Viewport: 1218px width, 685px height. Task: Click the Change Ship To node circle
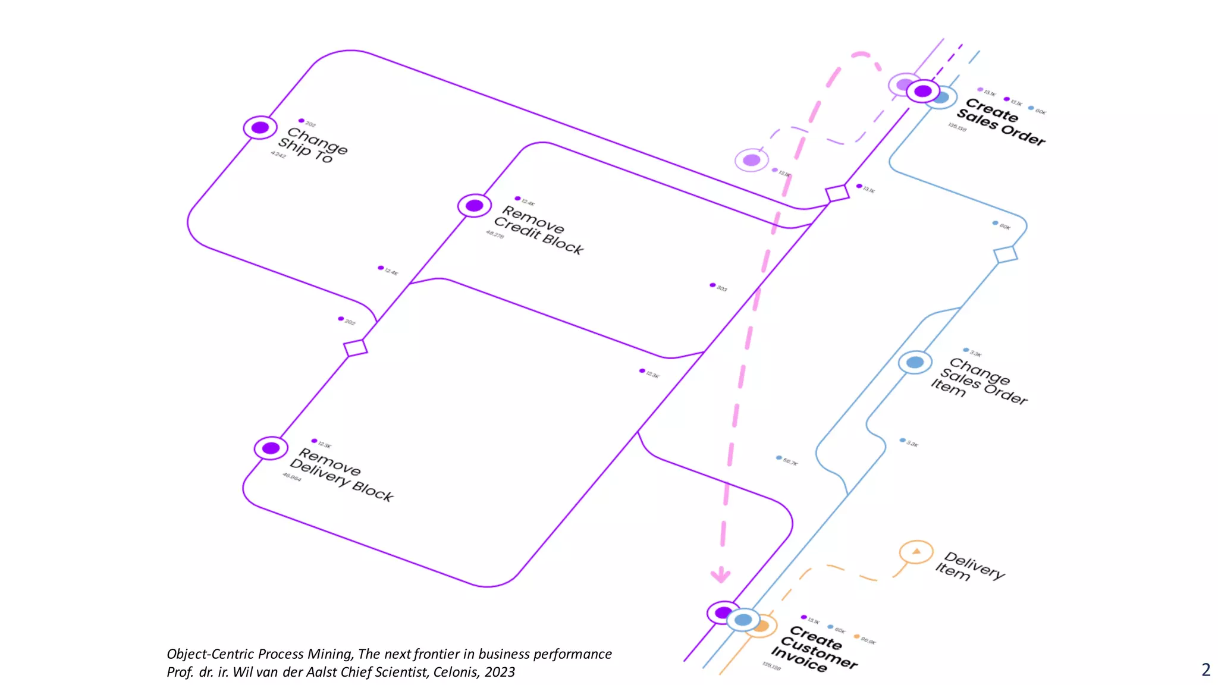click(260, 128)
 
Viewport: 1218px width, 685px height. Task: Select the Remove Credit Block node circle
click(474, 206)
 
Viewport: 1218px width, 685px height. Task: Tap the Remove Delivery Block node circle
click(271, 448)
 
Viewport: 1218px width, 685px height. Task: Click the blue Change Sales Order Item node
click(915, 362)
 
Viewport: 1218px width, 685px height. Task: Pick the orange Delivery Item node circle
click(916, 552)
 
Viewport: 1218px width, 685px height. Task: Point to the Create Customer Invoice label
click(814, 649)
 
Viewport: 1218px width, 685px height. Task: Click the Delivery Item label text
click(969, 567)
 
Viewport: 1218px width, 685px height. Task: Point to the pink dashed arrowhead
click(721, 575)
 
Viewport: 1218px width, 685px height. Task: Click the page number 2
click(1206, 670)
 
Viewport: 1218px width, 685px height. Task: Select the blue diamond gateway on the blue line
click(1006, 254)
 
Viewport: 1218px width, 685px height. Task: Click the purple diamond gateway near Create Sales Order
click(837, 193)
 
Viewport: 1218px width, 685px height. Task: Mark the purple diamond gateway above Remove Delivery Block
click(355, 347)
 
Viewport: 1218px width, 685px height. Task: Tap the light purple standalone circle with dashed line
click(752, 160)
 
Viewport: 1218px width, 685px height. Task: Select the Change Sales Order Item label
click(978, 381)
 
